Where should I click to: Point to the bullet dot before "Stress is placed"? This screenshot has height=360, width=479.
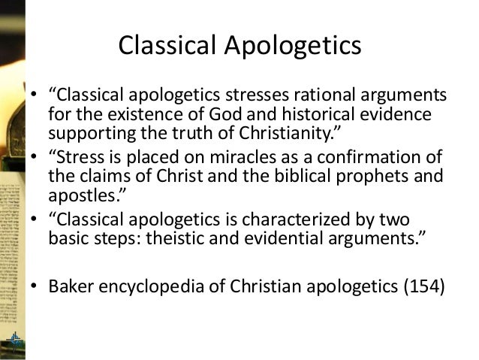click(x=35, y=157)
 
